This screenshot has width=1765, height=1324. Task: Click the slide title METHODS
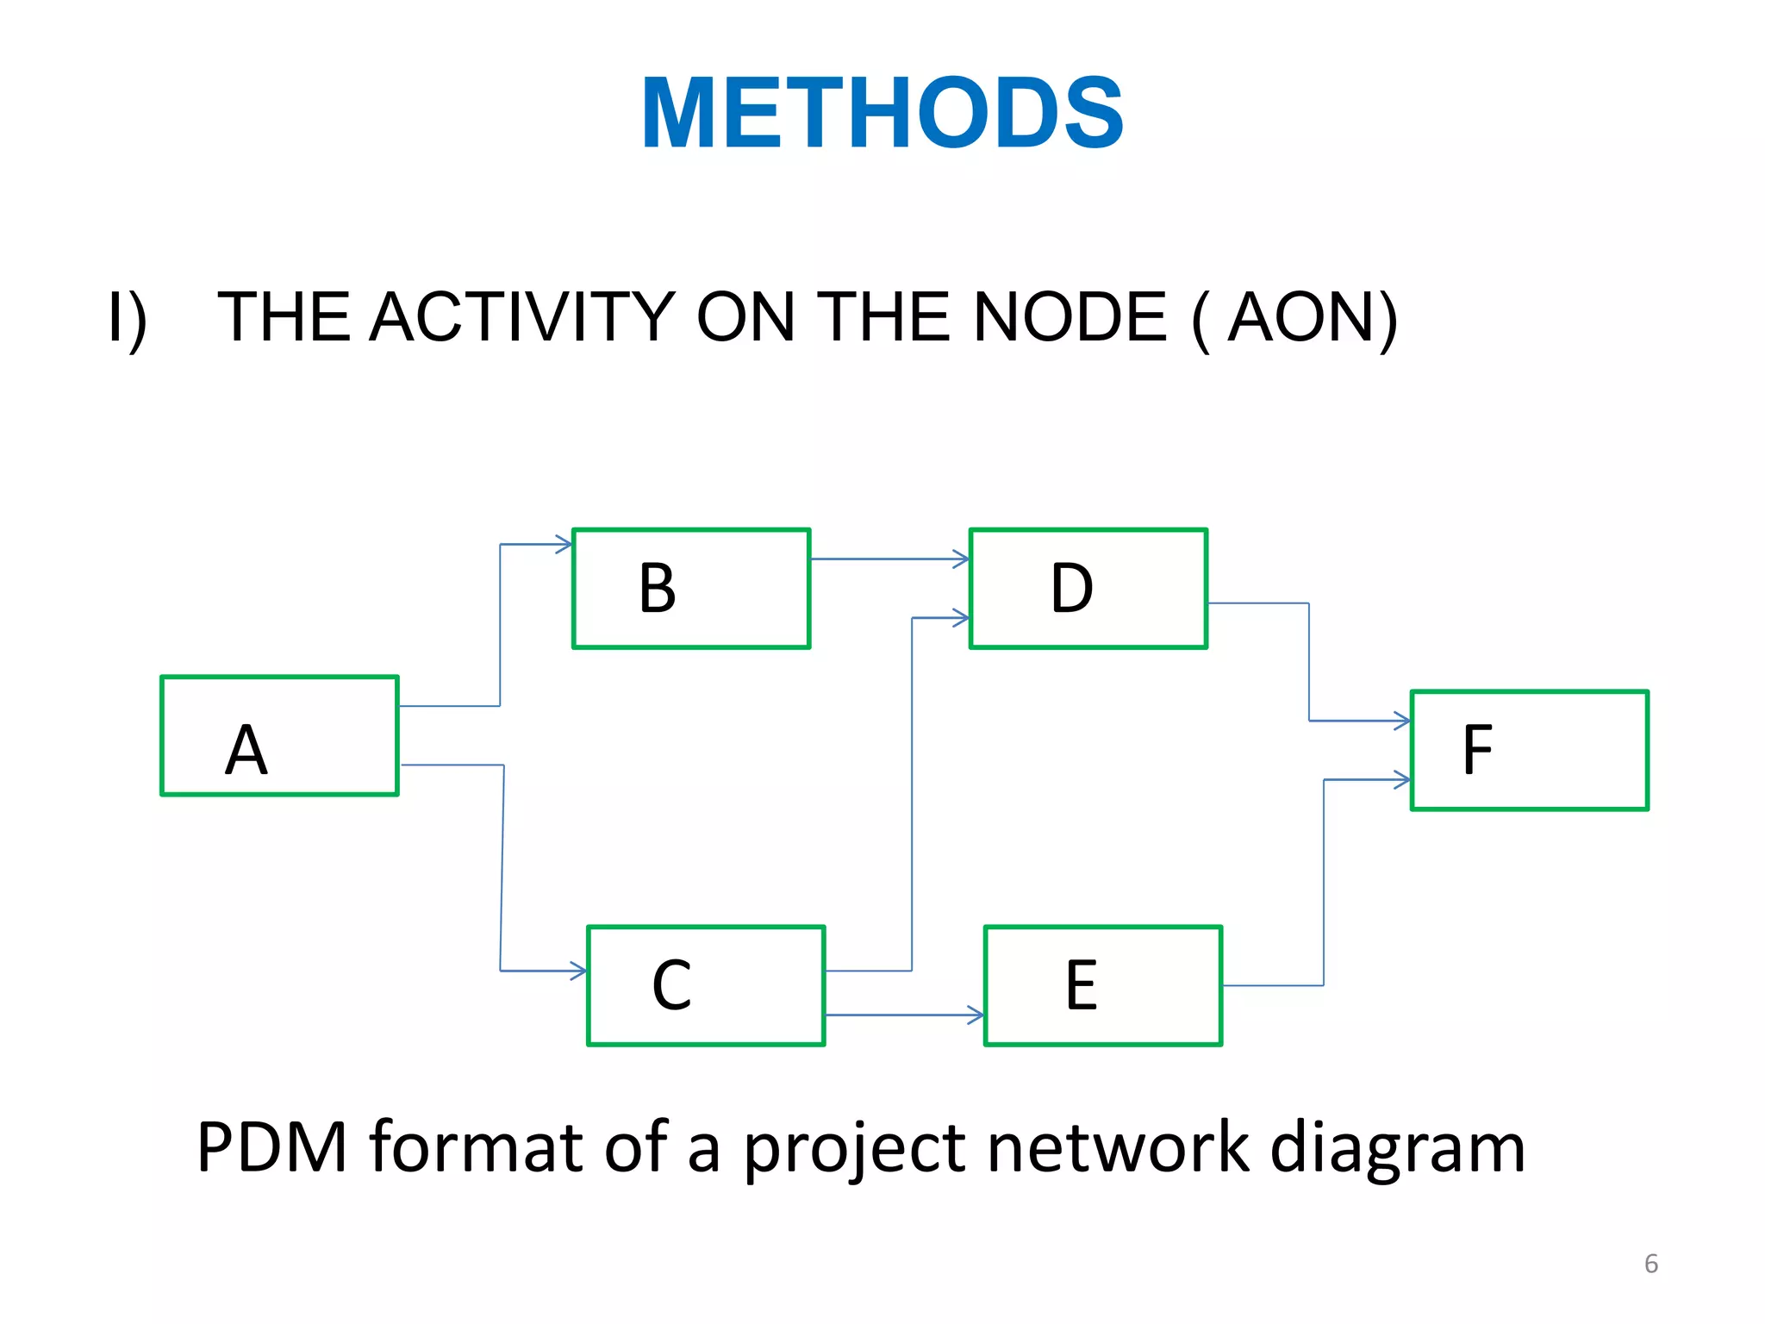coord(882,114)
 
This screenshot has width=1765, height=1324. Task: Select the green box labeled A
coord(279,735)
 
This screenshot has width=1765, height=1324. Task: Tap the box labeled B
coord(691,588)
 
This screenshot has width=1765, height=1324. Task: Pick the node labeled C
coord(706,985)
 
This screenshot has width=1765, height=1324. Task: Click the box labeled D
coord(1088,588)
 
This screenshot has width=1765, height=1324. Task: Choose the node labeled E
coord(1102,985)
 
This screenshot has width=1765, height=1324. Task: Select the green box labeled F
coord(1529,750)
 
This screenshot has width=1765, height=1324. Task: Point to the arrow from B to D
coord(888,559)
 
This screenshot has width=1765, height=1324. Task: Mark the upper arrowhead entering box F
coord(1402,721)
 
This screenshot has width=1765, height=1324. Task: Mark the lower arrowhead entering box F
coord(1402,779)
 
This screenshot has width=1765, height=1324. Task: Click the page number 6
coord(1650,1264)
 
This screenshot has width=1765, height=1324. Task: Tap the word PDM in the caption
coord(271,1147)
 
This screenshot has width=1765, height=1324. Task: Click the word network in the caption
coord(1118,1147)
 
